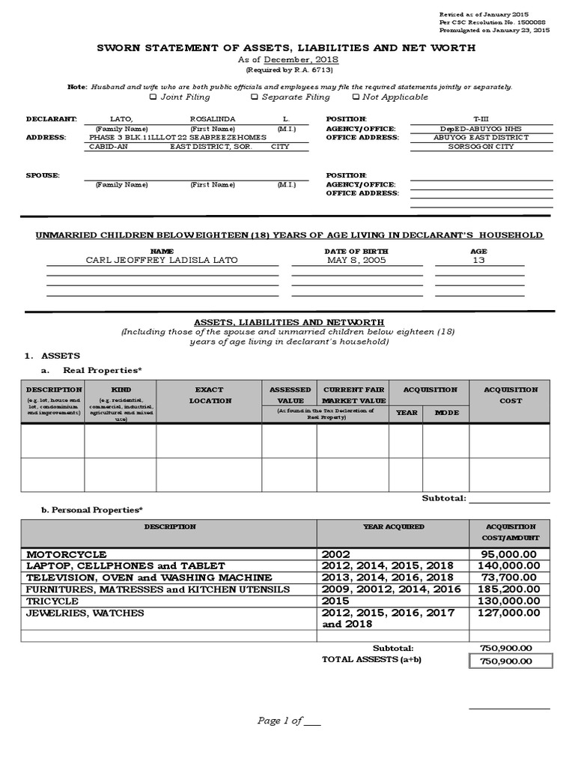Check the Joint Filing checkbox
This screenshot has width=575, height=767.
coord(153,97)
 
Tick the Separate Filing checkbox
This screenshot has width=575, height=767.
coord(255,97)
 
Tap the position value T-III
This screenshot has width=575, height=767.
coord(480,119)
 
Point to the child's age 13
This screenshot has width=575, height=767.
coord(478,260)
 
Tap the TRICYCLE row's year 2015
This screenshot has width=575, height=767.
coord(336,601)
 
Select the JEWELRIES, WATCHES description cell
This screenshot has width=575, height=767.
coord(85,613)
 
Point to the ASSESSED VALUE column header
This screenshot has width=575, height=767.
coord(289,395)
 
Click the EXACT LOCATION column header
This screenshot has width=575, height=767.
coord(210,395)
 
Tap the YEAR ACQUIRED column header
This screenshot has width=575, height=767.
coord(393,527)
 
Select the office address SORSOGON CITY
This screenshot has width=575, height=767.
coord(480,147)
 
